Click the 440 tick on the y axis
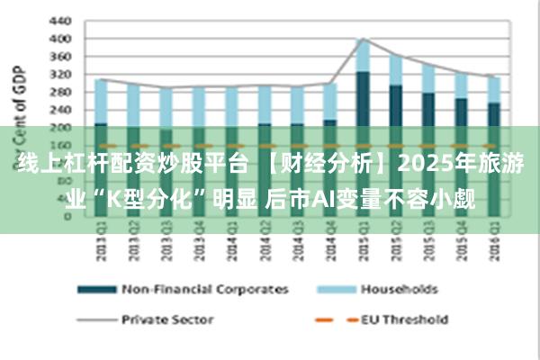[58, 20]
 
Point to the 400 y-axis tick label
[58, 39]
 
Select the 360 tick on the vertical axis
[58, 56]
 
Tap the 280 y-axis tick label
[58, 92]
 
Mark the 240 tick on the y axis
[58, 110]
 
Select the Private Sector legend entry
[166, 319]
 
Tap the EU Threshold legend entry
[404, 319]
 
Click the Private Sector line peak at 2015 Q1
[362, 39]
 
